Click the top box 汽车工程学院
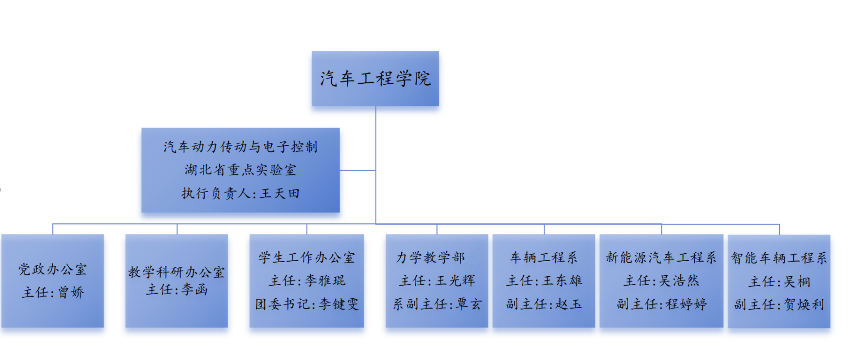[x=375, y=78]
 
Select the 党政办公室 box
[x=52, y=280]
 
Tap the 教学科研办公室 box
[x=176, y=280]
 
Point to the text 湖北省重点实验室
[x=240, y=170]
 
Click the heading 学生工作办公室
[x=307, y=257]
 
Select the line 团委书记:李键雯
[x=307, y=304]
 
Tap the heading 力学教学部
[x=431, y=257]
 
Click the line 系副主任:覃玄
[x=437, y=304]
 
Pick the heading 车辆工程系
[x=544, y=257]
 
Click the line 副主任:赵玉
[x=544, y=304]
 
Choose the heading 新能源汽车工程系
[x=661, y=257]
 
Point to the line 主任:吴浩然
[x=661, y=281]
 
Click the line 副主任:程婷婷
[x=661, y=304]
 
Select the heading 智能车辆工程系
[x=779, y=258]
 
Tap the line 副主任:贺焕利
[x=779, y=305]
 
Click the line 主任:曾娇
[x=52, y=292]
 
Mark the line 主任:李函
[x=176, y=289]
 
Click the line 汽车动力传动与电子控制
[x=240, y=147]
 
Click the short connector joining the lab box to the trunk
[x=358, y=170]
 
